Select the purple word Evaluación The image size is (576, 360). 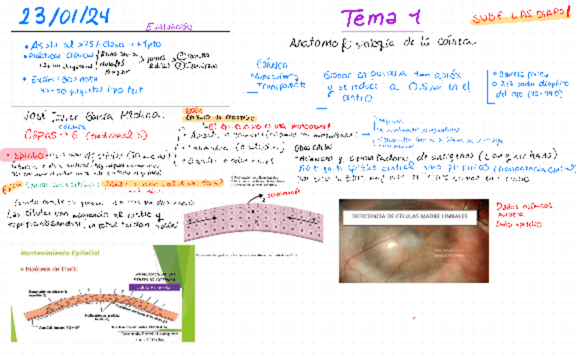click(169, 26)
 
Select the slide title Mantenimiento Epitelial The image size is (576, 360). click(61, 252)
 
